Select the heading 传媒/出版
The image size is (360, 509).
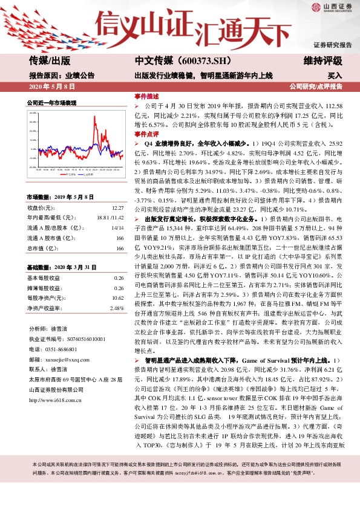point(50,60)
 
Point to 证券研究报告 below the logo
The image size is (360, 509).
point(332,45)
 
